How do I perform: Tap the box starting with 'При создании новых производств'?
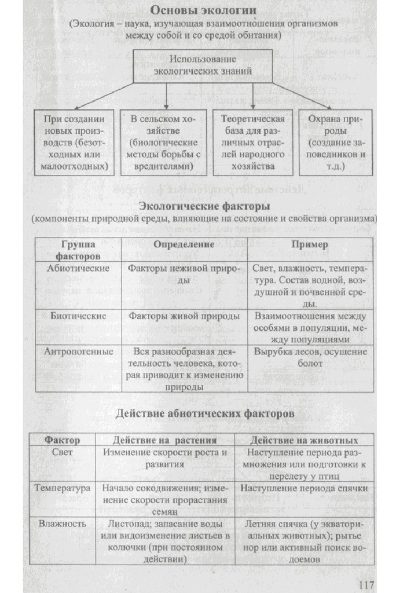point(75,142)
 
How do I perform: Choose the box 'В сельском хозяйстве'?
point(163,142)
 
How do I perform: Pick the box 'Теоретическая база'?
point(253,142)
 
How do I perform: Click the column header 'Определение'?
point(184,244)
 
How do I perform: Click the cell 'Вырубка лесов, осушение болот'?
point(310,357)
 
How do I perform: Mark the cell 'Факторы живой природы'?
point(184,316)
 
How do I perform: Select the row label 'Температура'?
point(63,488)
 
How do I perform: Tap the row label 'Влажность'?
point(63,524)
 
